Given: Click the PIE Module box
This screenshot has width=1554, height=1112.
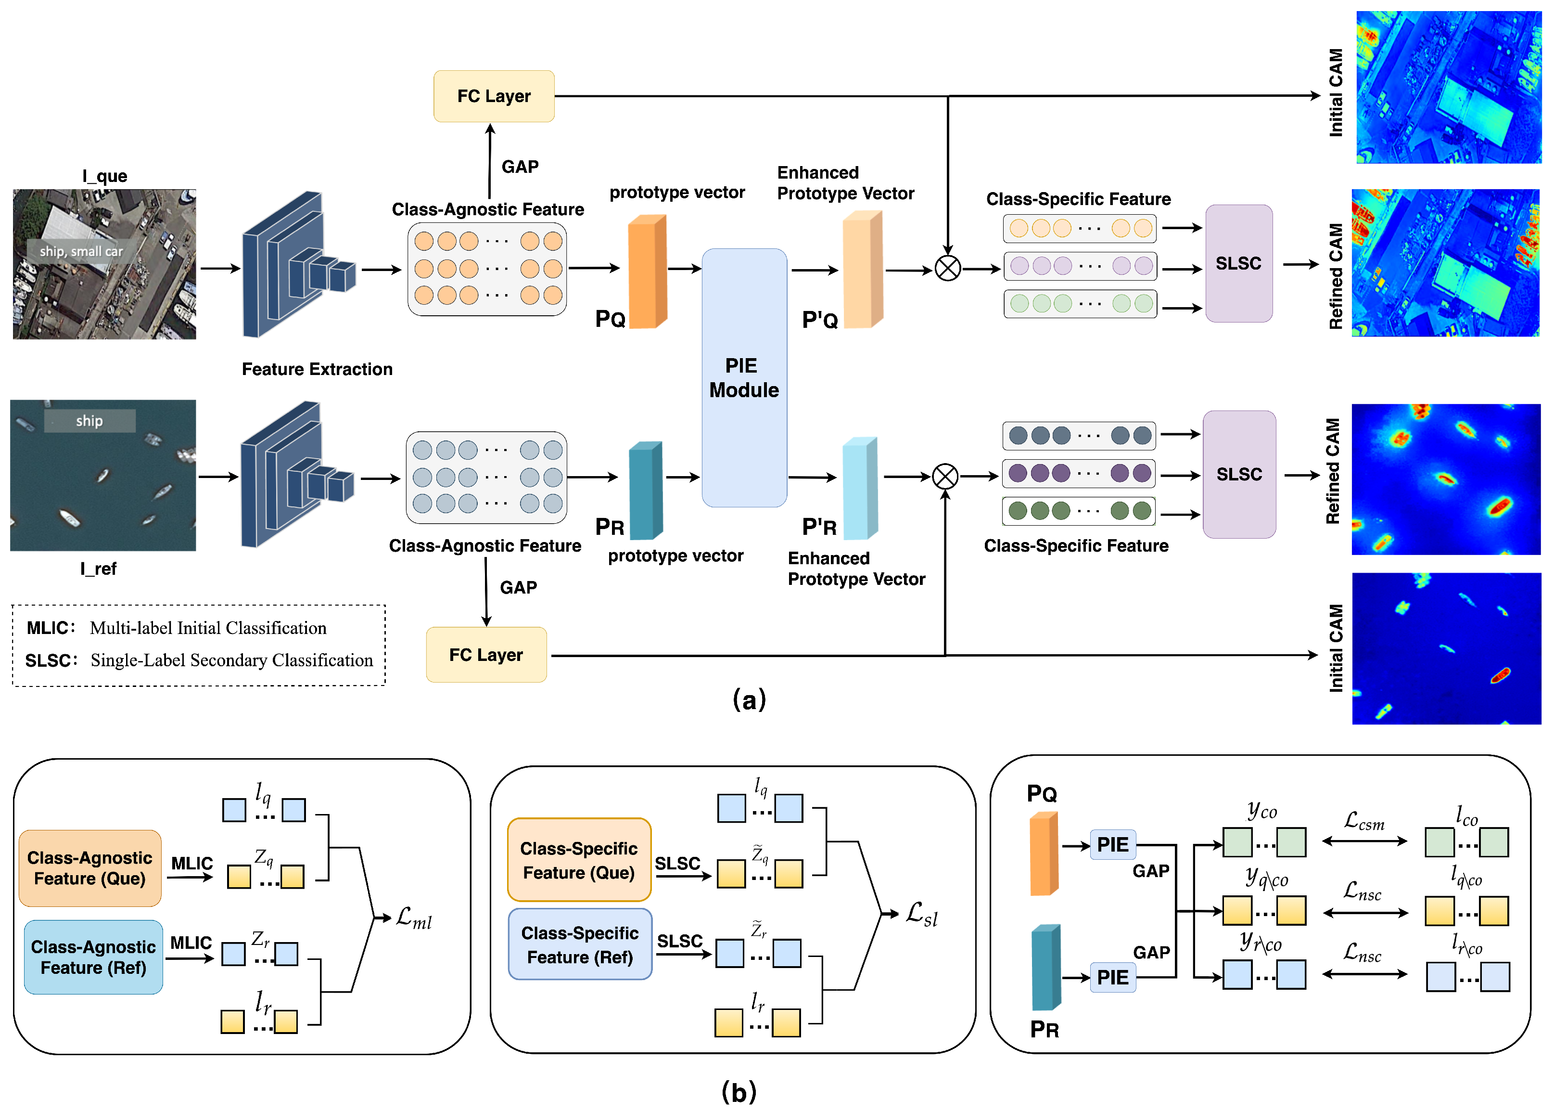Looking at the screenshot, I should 744,377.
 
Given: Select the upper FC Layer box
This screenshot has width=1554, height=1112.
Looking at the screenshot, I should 493,96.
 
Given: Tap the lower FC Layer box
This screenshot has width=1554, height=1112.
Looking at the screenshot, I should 486,655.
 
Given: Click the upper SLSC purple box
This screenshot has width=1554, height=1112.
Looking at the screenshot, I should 1238,264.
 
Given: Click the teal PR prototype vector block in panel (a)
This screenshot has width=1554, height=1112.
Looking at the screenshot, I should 645,490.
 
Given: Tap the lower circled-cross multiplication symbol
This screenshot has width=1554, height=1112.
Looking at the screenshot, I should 945,476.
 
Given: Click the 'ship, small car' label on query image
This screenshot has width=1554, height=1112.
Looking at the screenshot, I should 81,251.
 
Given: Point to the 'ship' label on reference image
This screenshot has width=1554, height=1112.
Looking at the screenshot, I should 89,420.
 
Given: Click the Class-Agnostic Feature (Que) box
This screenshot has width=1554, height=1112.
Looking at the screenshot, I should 89,868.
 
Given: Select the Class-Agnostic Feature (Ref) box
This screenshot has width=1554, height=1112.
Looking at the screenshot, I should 93,957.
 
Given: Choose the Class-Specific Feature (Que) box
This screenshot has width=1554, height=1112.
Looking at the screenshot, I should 579,860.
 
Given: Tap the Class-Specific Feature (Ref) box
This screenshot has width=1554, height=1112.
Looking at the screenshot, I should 580,944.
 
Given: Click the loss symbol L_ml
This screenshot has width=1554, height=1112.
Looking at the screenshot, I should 414,917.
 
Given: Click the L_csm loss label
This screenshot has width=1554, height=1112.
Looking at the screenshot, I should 1364,820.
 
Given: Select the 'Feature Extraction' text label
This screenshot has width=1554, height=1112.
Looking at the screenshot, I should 317,369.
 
